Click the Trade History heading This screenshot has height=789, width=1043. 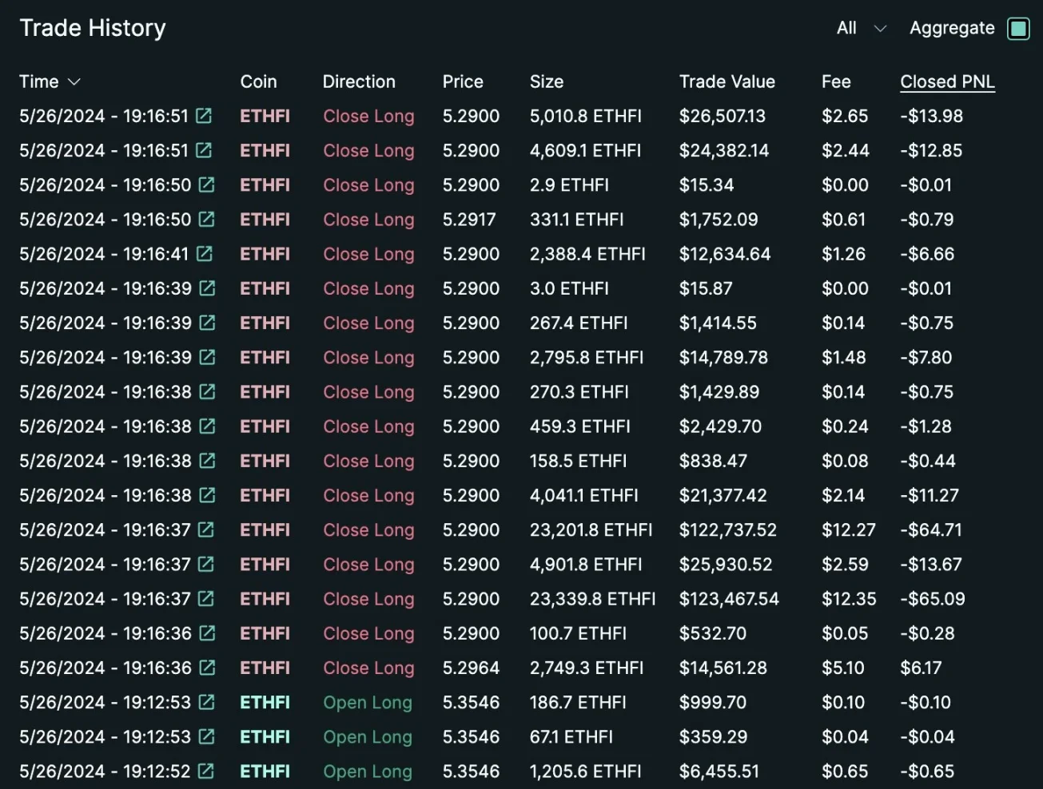(x=93, y=29)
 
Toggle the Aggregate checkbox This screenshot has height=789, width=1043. (x=1018, y=29)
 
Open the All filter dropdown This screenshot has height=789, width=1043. (x=861, y=29)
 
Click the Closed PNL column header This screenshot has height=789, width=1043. (x=947, y=82)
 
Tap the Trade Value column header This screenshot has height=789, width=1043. (x=727, y=82)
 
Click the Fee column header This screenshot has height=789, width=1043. (x=835, y=82)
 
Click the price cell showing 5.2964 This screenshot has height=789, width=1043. (x=471, y=668)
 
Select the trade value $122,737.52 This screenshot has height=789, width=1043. (x=727, y=530)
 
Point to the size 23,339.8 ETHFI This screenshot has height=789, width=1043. (x=592, y=599)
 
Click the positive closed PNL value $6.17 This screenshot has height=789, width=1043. (x=921, y=668)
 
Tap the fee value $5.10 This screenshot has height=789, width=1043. (x=842, y=668)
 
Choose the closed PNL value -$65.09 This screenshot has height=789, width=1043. (x=932, y=599)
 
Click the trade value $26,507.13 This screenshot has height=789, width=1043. (x=722, y=117)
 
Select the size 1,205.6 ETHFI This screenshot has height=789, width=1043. (x=585, y=771)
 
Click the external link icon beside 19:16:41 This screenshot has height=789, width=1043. (x=205, y=254)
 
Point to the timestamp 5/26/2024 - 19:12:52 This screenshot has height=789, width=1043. (x=105, y=771)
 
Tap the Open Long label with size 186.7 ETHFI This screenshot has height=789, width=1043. (x=368, y=703)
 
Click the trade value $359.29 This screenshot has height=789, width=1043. (x=713, y=737)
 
